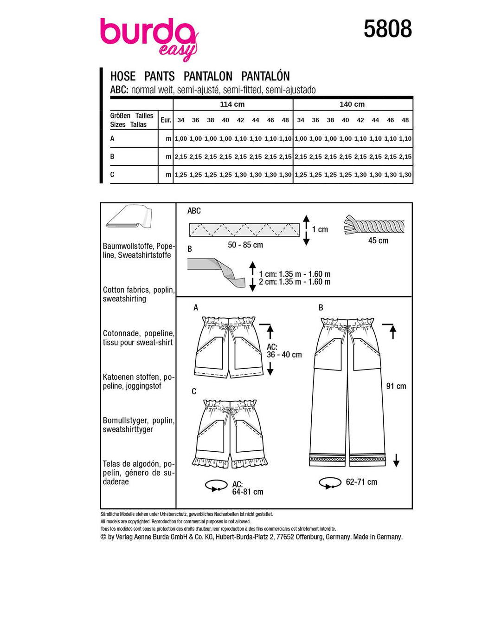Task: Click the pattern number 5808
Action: point(387,29)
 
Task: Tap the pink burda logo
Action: point(148,37)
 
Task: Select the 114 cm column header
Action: point(232,104)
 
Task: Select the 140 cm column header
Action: point(352,104)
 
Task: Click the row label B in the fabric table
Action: point(112,156)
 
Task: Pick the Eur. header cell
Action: point(166,120)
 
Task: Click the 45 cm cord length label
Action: point(378,240)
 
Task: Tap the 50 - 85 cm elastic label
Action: point(245,245)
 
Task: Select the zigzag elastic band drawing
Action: point(244,230)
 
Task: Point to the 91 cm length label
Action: point(396,386)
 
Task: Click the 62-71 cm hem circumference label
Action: point(361,482)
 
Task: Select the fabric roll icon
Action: point(129,217)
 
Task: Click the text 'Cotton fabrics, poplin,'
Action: point(139,290)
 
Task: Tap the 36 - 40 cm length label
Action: point(284,355)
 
